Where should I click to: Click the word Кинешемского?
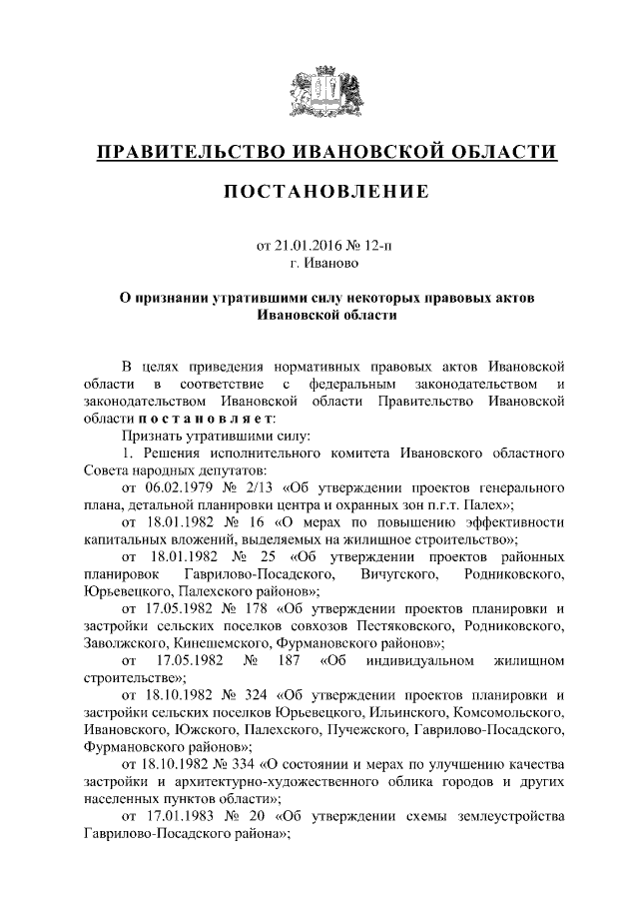(216, 643)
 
